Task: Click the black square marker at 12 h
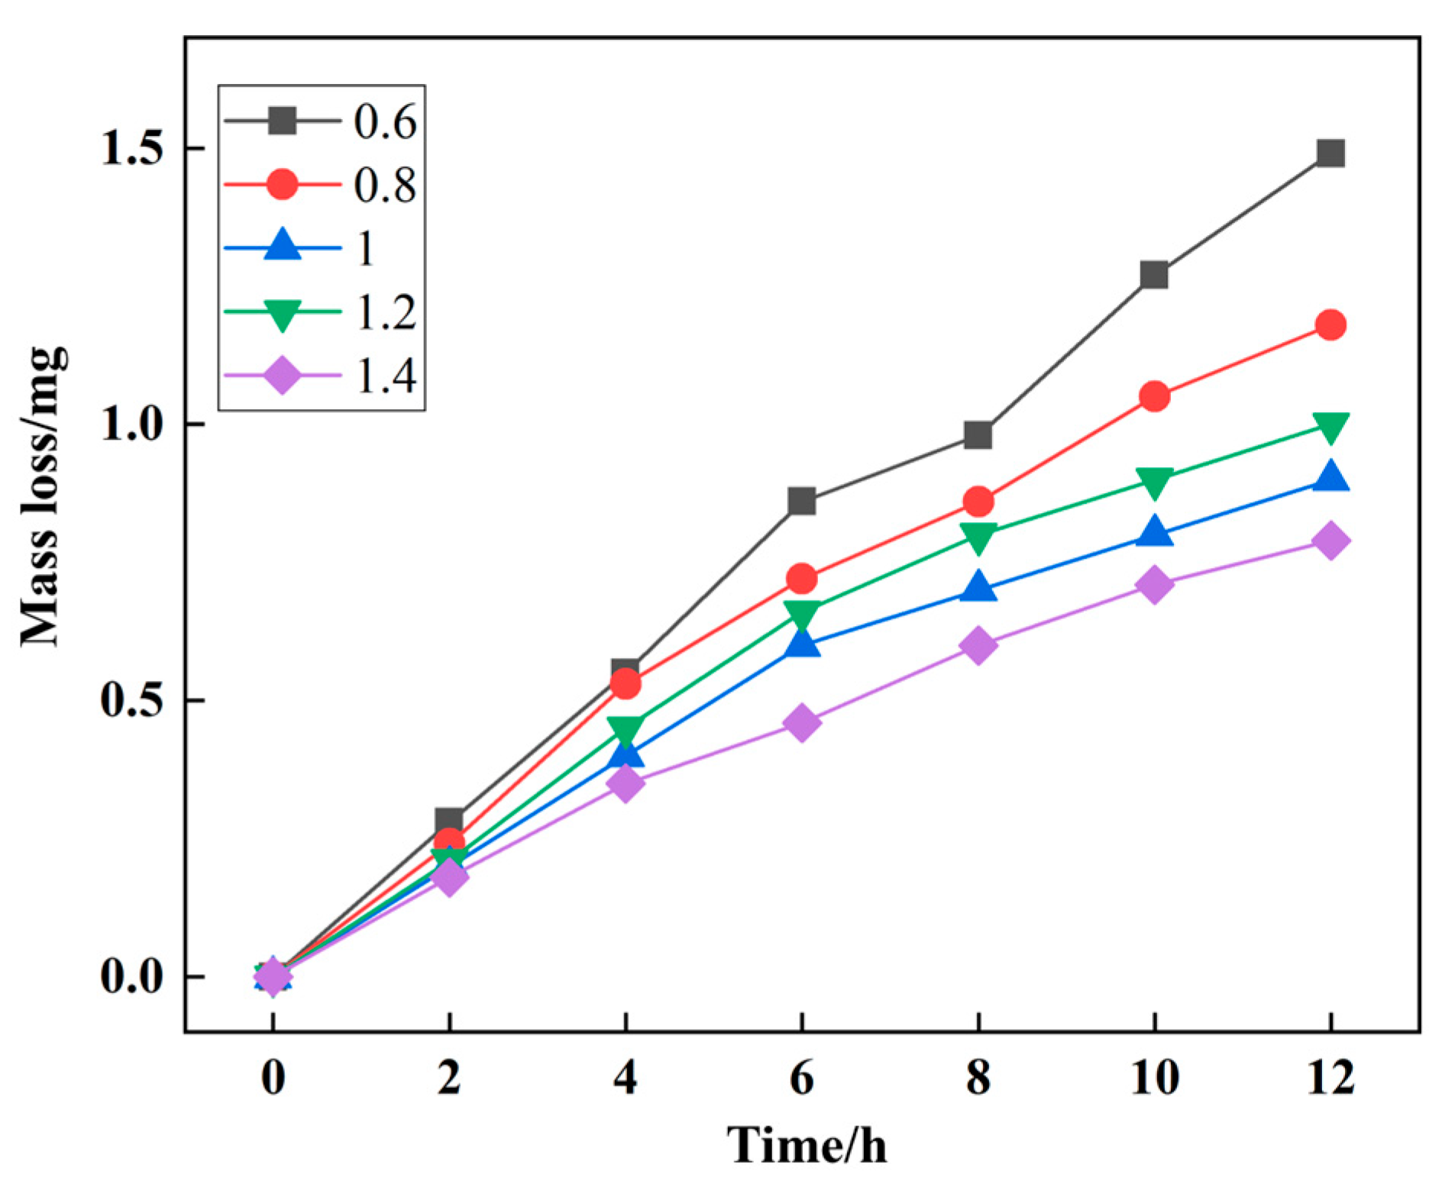[1330, 153]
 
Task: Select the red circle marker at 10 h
[1154, 396]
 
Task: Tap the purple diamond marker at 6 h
[802, 722]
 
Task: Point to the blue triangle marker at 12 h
[1330, 476]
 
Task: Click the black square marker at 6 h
[802, 502]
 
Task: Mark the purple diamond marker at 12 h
[1330, 541]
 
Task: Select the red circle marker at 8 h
[978, 502]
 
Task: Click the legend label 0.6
[385, 121]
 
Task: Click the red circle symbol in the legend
[282, 185]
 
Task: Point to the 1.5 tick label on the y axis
[133, 148]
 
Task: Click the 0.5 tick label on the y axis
[133, 700]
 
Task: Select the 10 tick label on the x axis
[1154, 1078]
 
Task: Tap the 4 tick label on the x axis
[626, 1078]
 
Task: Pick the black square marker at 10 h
[1154, 275]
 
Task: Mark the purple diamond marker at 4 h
[626, 783]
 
